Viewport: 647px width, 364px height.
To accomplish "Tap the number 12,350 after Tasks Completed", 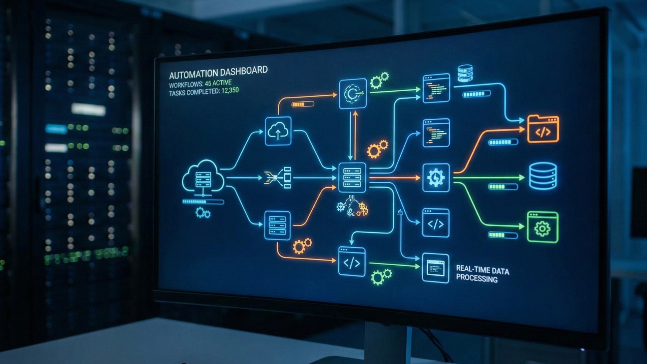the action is [x=230, y=90].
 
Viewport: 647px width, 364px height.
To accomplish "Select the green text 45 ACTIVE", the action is [x=218, y=83].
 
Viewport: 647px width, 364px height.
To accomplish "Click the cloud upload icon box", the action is [x=278, y=131].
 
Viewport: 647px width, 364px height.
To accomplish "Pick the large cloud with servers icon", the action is [x=203, y=178].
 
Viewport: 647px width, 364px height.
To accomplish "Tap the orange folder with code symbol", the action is [x=543, y=129].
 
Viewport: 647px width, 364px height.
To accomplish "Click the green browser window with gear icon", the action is [x=543, y=227].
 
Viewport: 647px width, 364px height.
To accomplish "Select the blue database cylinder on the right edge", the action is [x=543, y=176].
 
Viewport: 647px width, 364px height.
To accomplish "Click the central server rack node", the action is [x=352, y=177].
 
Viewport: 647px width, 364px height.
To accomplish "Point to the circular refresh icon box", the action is [x=353, y=94].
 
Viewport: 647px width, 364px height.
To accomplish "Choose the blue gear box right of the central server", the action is [x=436, y=178].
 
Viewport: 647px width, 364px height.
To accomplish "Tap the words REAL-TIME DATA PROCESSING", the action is [x=482, y=274].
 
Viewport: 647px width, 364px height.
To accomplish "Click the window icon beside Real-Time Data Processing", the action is [x=435, y=268].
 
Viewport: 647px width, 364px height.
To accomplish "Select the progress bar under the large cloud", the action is [x=203, y=202].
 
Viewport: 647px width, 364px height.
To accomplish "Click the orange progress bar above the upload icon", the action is [x=302, y=104].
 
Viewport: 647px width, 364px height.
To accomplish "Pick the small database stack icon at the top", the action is [x=465, y=73].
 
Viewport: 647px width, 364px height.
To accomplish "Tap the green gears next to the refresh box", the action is [x=379, y=80].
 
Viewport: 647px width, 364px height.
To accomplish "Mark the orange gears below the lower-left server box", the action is [x=302, y=246].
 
